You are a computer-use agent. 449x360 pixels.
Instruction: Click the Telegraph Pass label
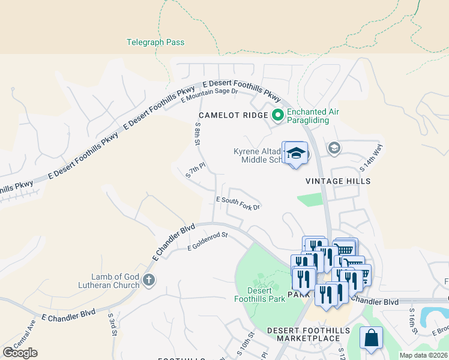pyautogui.click(x=155, y=43)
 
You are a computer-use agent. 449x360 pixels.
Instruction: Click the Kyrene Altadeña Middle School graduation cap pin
pyautogui.click(x=295, y=154)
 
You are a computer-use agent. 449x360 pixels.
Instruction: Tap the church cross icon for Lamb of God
pyautogui.click(x=149, y=280)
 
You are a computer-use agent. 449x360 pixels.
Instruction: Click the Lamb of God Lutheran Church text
pyautogui.click(x=115, y=281)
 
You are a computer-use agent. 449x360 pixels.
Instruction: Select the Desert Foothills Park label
pyautogui.click(x=260, y=295)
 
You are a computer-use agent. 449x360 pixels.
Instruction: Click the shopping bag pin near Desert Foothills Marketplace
pyautogui.click(x=371, y=337)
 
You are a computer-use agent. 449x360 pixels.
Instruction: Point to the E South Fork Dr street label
pyautogui.click(x=238, y=203)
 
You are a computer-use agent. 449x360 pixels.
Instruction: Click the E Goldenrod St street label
pyautogui.click(x=208, y=241)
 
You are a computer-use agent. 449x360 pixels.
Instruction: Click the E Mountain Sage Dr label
pyautogui.click(x=210, y=94)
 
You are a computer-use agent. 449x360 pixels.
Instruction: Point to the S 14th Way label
pyautogui.click(x=371, y=157)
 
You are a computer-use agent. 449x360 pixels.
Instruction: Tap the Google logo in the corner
pyautogui.click(x=20, y=352)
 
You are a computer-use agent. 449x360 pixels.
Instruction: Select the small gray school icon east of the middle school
pyautogui.click(x=334, y=148)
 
